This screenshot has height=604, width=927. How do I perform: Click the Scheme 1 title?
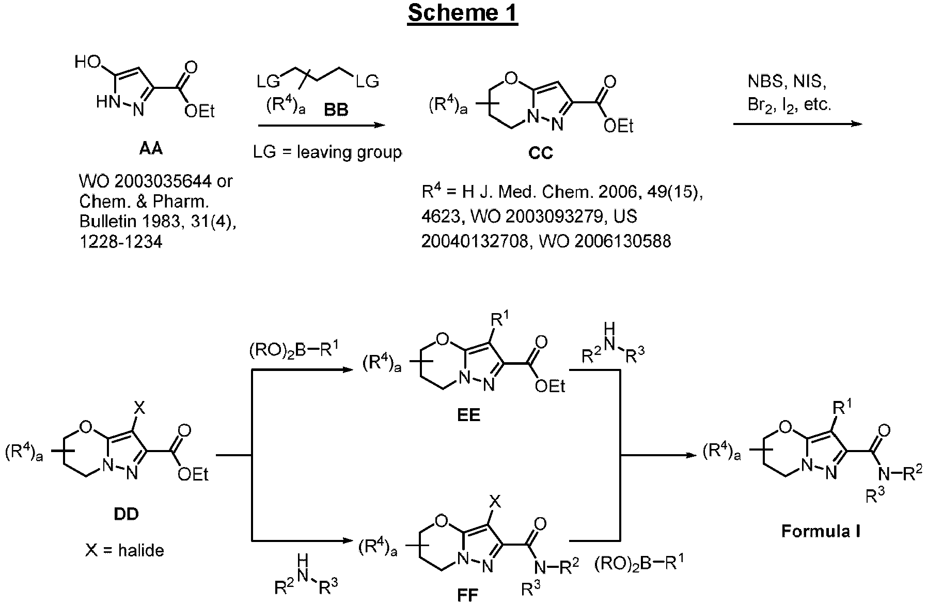tap(462, 14)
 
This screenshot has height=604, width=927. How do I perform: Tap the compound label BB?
tap(336, 110)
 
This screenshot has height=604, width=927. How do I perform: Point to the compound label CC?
tap(541, 153)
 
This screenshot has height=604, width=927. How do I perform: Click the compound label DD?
tap(126, 514)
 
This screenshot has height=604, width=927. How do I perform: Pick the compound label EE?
tap(468, 415)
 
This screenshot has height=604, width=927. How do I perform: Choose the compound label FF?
tap(468, 595)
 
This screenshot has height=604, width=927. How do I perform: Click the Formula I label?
tap(821, 531)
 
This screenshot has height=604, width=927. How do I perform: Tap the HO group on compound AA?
tap(87, 63)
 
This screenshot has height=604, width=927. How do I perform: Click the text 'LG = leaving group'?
tap(327, 152)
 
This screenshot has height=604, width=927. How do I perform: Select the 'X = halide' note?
tap(125, 550)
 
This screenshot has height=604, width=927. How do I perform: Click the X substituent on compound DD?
tap(139, 409)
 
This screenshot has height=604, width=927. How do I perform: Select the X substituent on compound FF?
tap(495, 500)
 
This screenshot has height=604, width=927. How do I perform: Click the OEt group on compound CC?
tap(618, 126)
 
